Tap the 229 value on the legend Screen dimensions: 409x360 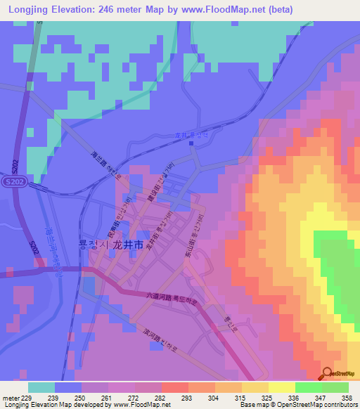tap(27, 398)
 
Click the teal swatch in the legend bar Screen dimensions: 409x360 tap(41, 387)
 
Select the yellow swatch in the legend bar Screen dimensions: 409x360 tap(282, 387)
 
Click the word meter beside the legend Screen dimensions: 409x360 tap(11, 398)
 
